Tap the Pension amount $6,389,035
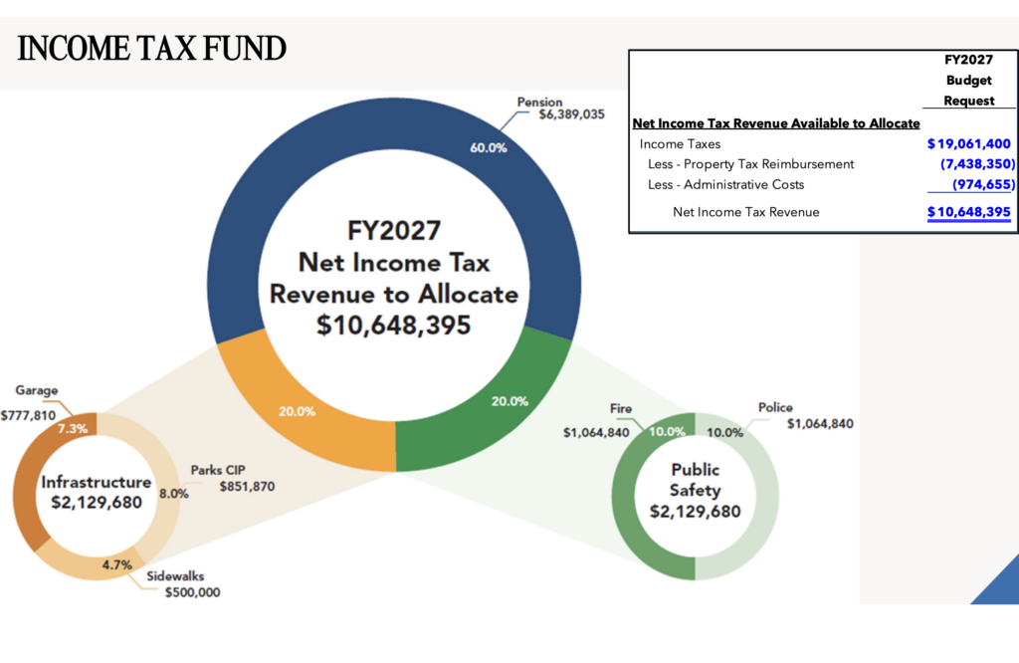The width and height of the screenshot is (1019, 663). click(571, 115)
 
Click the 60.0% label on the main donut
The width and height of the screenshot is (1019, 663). click(489, 147)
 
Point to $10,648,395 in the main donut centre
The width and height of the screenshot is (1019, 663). click(395, 326)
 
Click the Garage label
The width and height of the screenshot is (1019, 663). click(37, 391)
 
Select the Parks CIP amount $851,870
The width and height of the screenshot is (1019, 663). click(247, 487)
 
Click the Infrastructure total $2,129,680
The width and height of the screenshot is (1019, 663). click(97, 502)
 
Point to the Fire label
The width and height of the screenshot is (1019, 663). click(621, 409)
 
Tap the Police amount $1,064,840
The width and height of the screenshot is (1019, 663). click(820, 424)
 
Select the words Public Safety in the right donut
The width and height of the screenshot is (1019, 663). click(695, 479)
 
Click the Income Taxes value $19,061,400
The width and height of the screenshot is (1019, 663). click(968, 144)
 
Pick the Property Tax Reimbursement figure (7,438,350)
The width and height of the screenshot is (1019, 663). click(975, 164)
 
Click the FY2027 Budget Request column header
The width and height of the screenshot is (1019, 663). click(968, 81)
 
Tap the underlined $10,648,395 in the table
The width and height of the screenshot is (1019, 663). click(968, 212)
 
